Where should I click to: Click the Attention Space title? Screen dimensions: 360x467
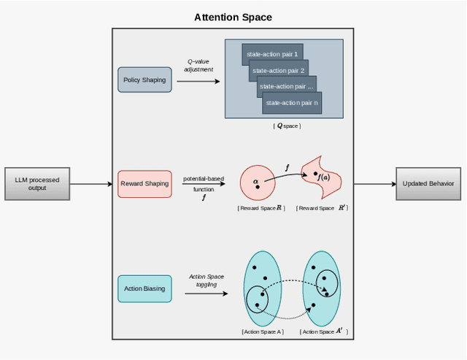[x=233, y=17]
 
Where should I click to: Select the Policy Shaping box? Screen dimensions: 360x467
[x=144, y=80]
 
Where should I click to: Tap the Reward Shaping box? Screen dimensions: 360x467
[x=144, y=183]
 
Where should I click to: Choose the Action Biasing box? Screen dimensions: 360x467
[x=144, y=288]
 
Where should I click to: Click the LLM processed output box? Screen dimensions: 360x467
[x=37, y=183]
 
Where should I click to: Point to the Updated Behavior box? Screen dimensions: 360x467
[x=429, y=183]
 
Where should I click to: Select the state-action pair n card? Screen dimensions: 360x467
[x=292, y=103]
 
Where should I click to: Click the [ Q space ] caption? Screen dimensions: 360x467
[x=287, y=126]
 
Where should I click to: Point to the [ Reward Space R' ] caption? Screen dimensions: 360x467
[x=322, y=208]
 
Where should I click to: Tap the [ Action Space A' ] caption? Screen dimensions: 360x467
[x=323, y=332]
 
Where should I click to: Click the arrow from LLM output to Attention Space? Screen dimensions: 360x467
[x=90, y=183]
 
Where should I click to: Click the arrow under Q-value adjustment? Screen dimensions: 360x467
[x=198, y=80]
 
